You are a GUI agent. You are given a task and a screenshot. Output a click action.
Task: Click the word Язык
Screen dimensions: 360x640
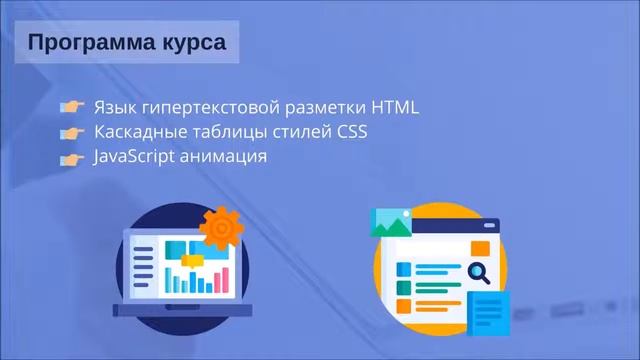coord(114,107)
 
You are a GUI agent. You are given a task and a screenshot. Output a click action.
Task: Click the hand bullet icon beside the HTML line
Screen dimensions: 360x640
coord(70,107)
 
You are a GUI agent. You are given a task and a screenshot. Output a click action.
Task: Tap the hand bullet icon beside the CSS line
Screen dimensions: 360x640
coord(70,133)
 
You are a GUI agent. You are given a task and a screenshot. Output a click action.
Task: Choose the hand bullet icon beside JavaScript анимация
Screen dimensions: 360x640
coord(70,158)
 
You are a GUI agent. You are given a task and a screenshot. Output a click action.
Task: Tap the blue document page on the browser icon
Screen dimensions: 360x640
coord(489,310)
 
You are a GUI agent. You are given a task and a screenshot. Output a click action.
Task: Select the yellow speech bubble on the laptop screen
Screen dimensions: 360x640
coord(190,259)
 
